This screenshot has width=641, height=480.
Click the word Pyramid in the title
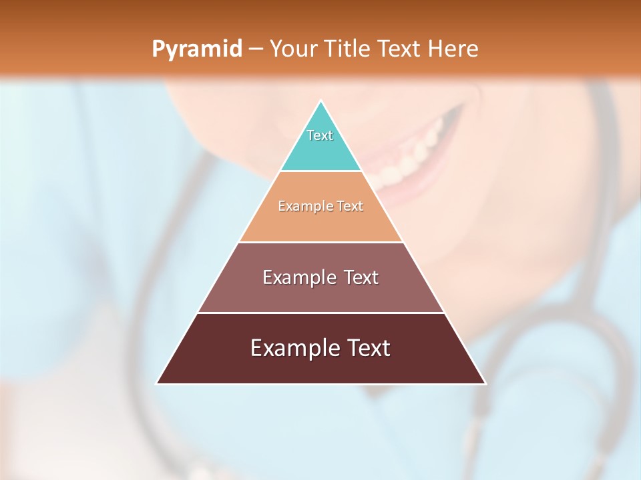tap(196, 49)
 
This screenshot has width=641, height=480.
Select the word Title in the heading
tap(351, 49)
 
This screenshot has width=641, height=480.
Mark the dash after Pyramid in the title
tap(255, 49)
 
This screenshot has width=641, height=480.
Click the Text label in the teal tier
tap(320, 135)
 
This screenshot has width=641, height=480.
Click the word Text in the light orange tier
tap(350, 206)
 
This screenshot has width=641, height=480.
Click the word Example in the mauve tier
tap(297, 277)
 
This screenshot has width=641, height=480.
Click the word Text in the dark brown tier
tap(367, 348)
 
